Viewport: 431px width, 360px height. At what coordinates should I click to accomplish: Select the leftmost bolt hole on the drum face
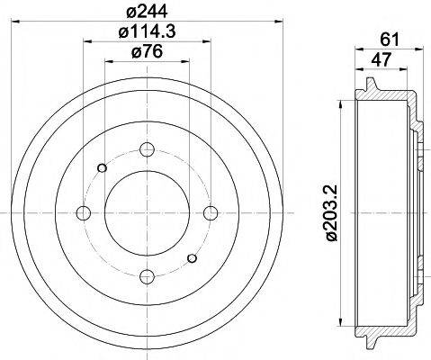(85, 212)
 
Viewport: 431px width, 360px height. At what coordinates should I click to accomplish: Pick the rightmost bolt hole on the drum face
(211, 212)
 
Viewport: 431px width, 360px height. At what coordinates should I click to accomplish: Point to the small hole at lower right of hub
(192, 259)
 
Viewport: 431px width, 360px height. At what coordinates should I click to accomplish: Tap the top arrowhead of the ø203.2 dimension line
(342, 102)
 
